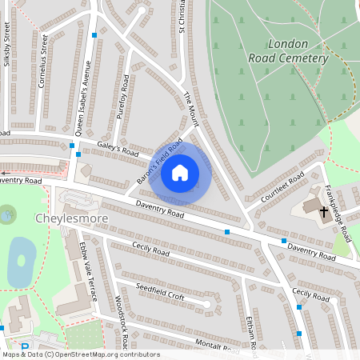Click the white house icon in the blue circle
tap(180, 173)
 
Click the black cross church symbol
tap(324, 212)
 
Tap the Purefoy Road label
tap(124, 97)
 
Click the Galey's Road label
tap(118, 150)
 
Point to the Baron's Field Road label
tap(160, 162)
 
